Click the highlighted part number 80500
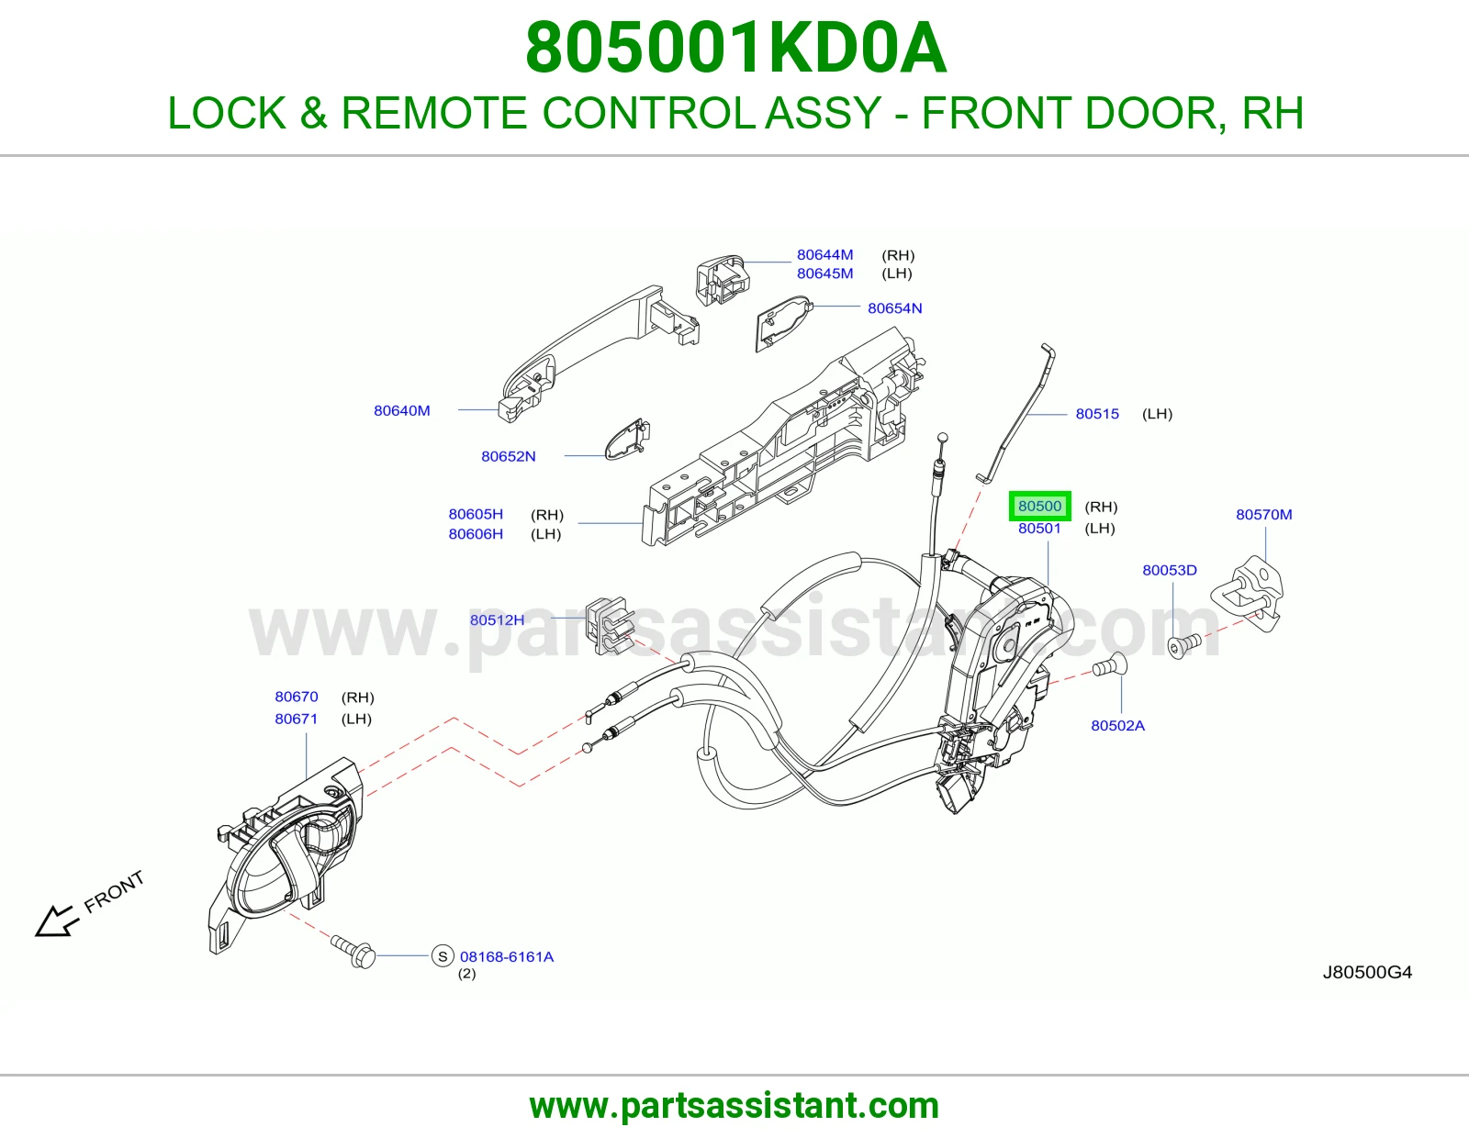click(x=1039, y=507)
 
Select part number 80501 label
click(x=1039, y=529)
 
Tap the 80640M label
click(x=401, y=411)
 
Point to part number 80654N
click(x=894, y=308)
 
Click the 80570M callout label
click(x=1263, y=514)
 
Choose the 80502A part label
click(x=1117, y=726)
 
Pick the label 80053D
click(x=1170, y=570)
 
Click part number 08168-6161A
click(x=506, y=957)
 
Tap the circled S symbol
click(x=443, y=956)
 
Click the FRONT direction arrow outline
click(x=55, y=921)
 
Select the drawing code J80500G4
click(x=1367, y=973)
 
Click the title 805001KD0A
click(x=735, y=48)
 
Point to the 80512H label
click(x=497, y=620)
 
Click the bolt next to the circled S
click(x=353, y=952)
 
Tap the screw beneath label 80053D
click(x=1184, y=645)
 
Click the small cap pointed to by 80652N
click(x=628, y=440)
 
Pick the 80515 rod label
click(x=1097, y=414)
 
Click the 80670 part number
click(x=297, y=697)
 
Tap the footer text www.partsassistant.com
click(x=734, y=1106)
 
